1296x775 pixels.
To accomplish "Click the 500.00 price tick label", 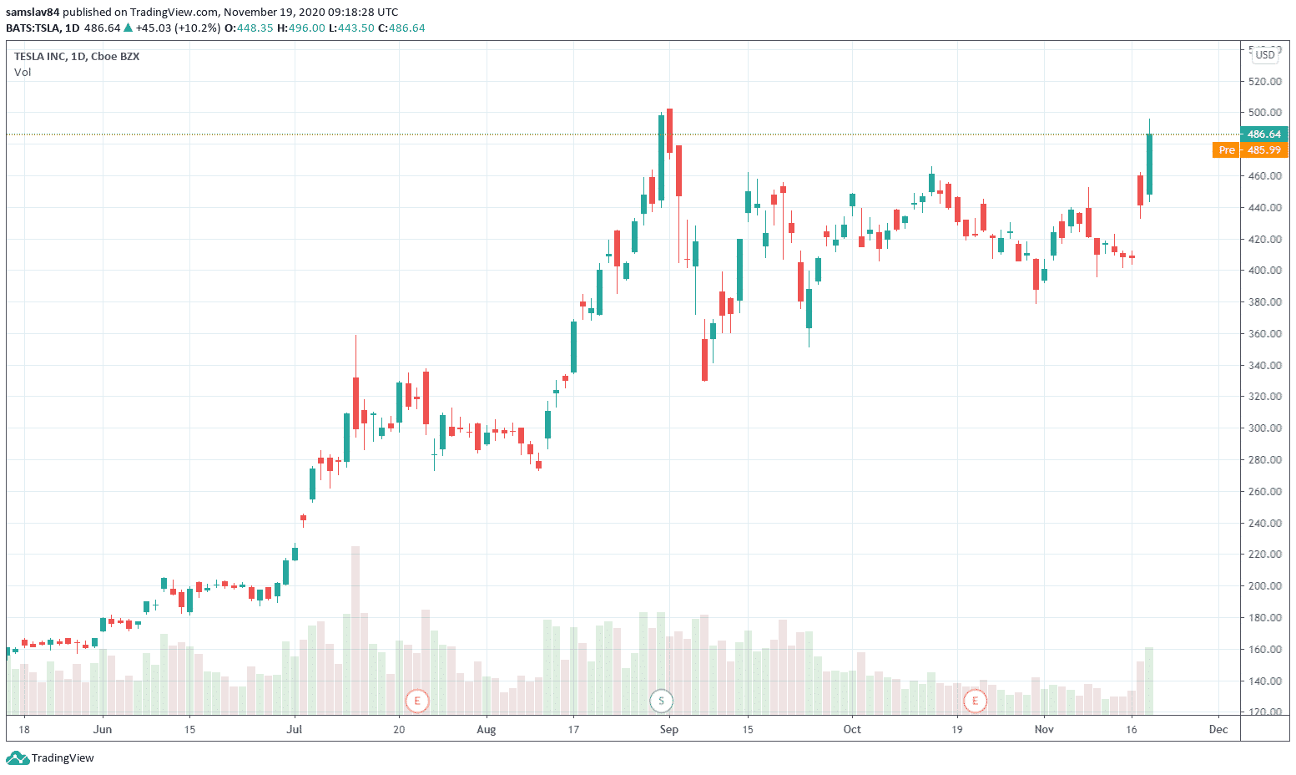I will (x=1265, y=113).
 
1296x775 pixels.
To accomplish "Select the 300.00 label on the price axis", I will (x=1265, y=428).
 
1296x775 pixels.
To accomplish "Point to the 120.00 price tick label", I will (x=1265, y=712).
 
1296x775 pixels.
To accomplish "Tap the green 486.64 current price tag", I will (x=1264, y=134).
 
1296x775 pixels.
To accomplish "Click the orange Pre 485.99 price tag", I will (x=1250, y=150).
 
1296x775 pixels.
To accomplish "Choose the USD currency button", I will (x=1265, y=55).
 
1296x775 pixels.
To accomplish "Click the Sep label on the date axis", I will (x=668, y=730).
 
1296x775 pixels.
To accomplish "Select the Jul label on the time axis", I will (x=294, y=730).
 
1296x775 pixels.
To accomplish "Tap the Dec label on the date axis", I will (x=1218, y=730).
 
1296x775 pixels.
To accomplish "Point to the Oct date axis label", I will (x=852, y=730).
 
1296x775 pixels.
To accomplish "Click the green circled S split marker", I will (x=661, y=701).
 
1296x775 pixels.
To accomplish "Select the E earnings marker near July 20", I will (x=416, y=701).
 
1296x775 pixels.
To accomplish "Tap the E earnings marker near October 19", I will (x=974, y=701).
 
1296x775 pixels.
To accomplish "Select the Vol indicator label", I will (x=23, y=73).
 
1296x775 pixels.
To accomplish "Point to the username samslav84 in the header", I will (x=33, y=13).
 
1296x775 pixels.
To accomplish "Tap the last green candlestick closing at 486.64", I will (x=1149, y=165).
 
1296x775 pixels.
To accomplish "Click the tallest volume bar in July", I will (x=356, y=631).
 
